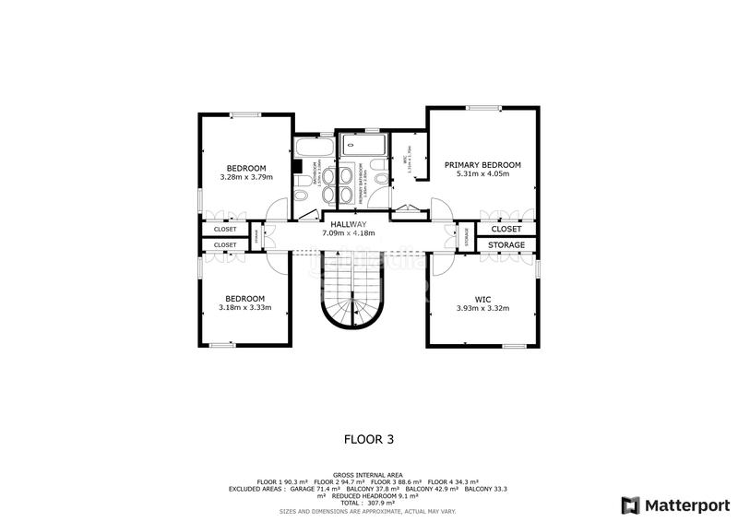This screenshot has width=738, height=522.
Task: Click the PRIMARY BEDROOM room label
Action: (482, 165)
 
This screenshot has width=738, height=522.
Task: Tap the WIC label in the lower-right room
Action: (482, 299)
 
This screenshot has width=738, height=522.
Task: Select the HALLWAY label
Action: (344, 224)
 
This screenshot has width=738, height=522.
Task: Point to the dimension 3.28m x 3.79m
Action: (246, 177)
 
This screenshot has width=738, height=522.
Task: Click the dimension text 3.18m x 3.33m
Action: (244, 307)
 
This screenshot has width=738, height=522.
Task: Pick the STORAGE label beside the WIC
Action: (506, 245)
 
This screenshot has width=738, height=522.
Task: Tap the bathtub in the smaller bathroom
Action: (315, 147)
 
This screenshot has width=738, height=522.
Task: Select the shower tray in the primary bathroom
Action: (363, 145)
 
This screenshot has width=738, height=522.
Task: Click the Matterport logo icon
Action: (630, 504)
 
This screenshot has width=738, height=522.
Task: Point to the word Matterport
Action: (685, 504)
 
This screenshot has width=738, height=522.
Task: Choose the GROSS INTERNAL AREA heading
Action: (369, 474)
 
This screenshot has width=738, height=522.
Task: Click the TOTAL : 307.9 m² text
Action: (369, 503)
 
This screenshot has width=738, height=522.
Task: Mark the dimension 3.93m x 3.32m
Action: (482, 308)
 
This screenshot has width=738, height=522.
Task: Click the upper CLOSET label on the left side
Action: (225, 229)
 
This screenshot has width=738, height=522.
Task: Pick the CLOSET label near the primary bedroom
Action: (506, 229)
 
